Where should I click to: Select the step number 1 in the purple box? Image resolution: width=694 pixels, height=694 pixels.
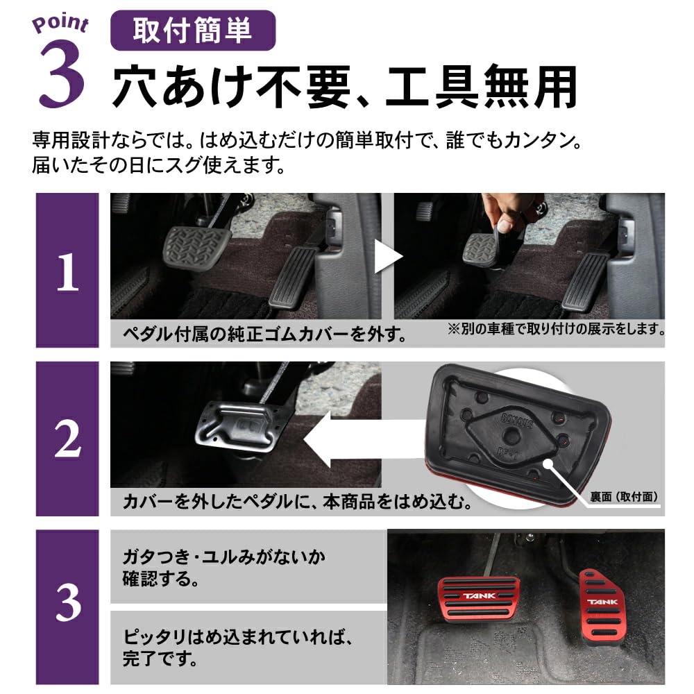point(67,273)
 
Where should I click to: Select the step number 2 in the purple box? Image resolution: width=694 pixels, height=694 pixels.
point(67,441)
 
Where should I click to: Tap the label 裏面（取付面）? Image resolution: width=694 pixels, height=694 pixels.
point(623,496)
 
